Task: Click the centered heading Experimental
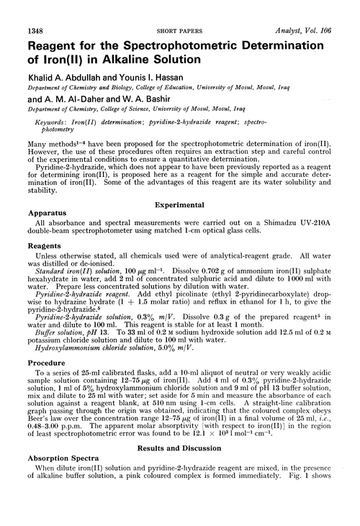click(180, 204)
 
